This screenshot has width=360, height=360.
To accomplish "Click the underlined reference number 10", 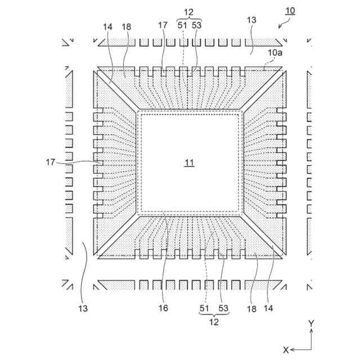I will point(289,11).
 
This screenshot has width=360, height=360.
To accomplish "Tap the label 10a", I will point(275,52).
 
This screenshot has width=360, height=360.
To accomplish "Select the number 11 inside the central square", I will point(190,163).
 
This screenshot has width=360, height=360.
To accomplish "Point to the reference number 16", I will point(163,308).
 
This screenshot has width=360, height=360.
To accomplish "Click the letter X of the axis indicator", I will point(286,349).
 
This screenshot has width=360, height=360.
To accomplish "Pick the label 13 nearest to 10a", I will point(251,20).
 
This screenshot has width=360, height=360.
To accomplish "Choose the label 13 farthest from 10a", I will point(83,308).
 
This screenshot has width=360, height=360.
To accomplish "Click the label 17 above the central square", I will point(163,26).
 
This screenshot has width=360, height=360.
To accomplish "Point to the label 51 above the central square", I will point(183,26).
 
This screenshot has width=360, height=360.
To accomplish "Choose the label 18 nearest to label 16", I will point(251,308).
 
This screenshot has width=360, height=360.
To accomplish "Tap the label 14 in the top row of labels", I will point(108,26).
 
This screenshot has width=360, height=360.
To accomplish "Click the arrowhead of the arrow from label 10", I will point(281,25).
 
